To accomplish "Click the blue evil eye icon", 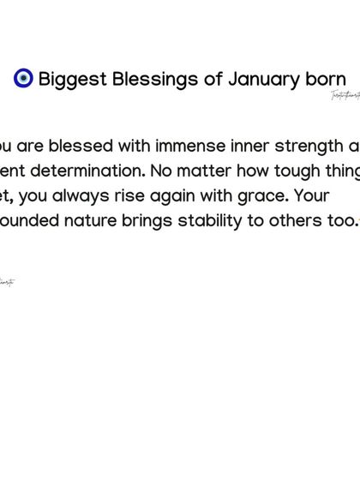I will tap(23, 79).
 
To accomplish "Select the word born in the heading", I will tap(326, 80).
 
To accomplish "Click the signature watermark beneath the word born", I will tap(345, 95).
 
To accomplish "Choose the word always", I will tap(81, 195).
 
